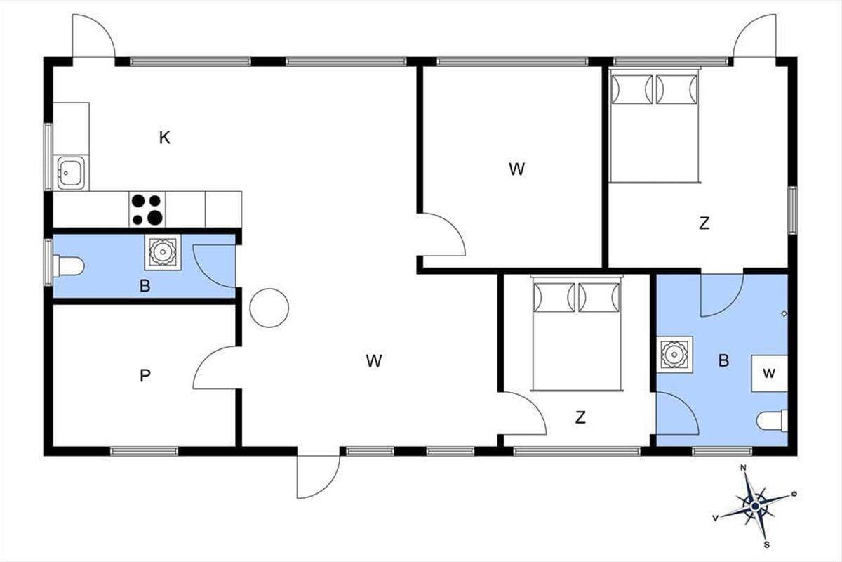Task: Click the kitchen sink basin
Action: (71, 172)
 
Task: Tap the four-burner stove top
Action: (147, 209)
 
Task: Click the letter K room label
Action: (165, 138)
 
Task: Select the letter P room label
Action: (145, 375)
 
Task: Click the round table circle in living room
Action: (269, 308)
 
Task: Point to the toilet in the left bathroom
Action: (68, 266)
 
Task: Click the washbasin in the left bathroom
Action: (163, 251)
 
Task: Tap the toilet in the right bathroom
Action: (772, 421)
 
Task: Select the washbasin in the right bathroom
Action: (675, 355)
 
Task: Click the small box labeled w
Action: (770, 373)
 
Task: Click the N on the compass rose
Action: (743, 468)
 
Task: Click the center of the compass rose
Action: (755, 507)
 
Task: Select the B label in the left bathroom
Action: (145, 286)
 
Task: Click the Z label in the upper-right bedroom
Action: (704, 223)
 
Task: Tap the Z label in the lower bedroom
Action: (580, 417)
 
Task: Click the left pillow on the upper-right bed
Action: (632, 89)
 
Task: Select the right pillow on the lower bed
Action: (599, 297)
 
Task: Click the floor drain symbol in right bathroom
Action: (784, 313)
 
